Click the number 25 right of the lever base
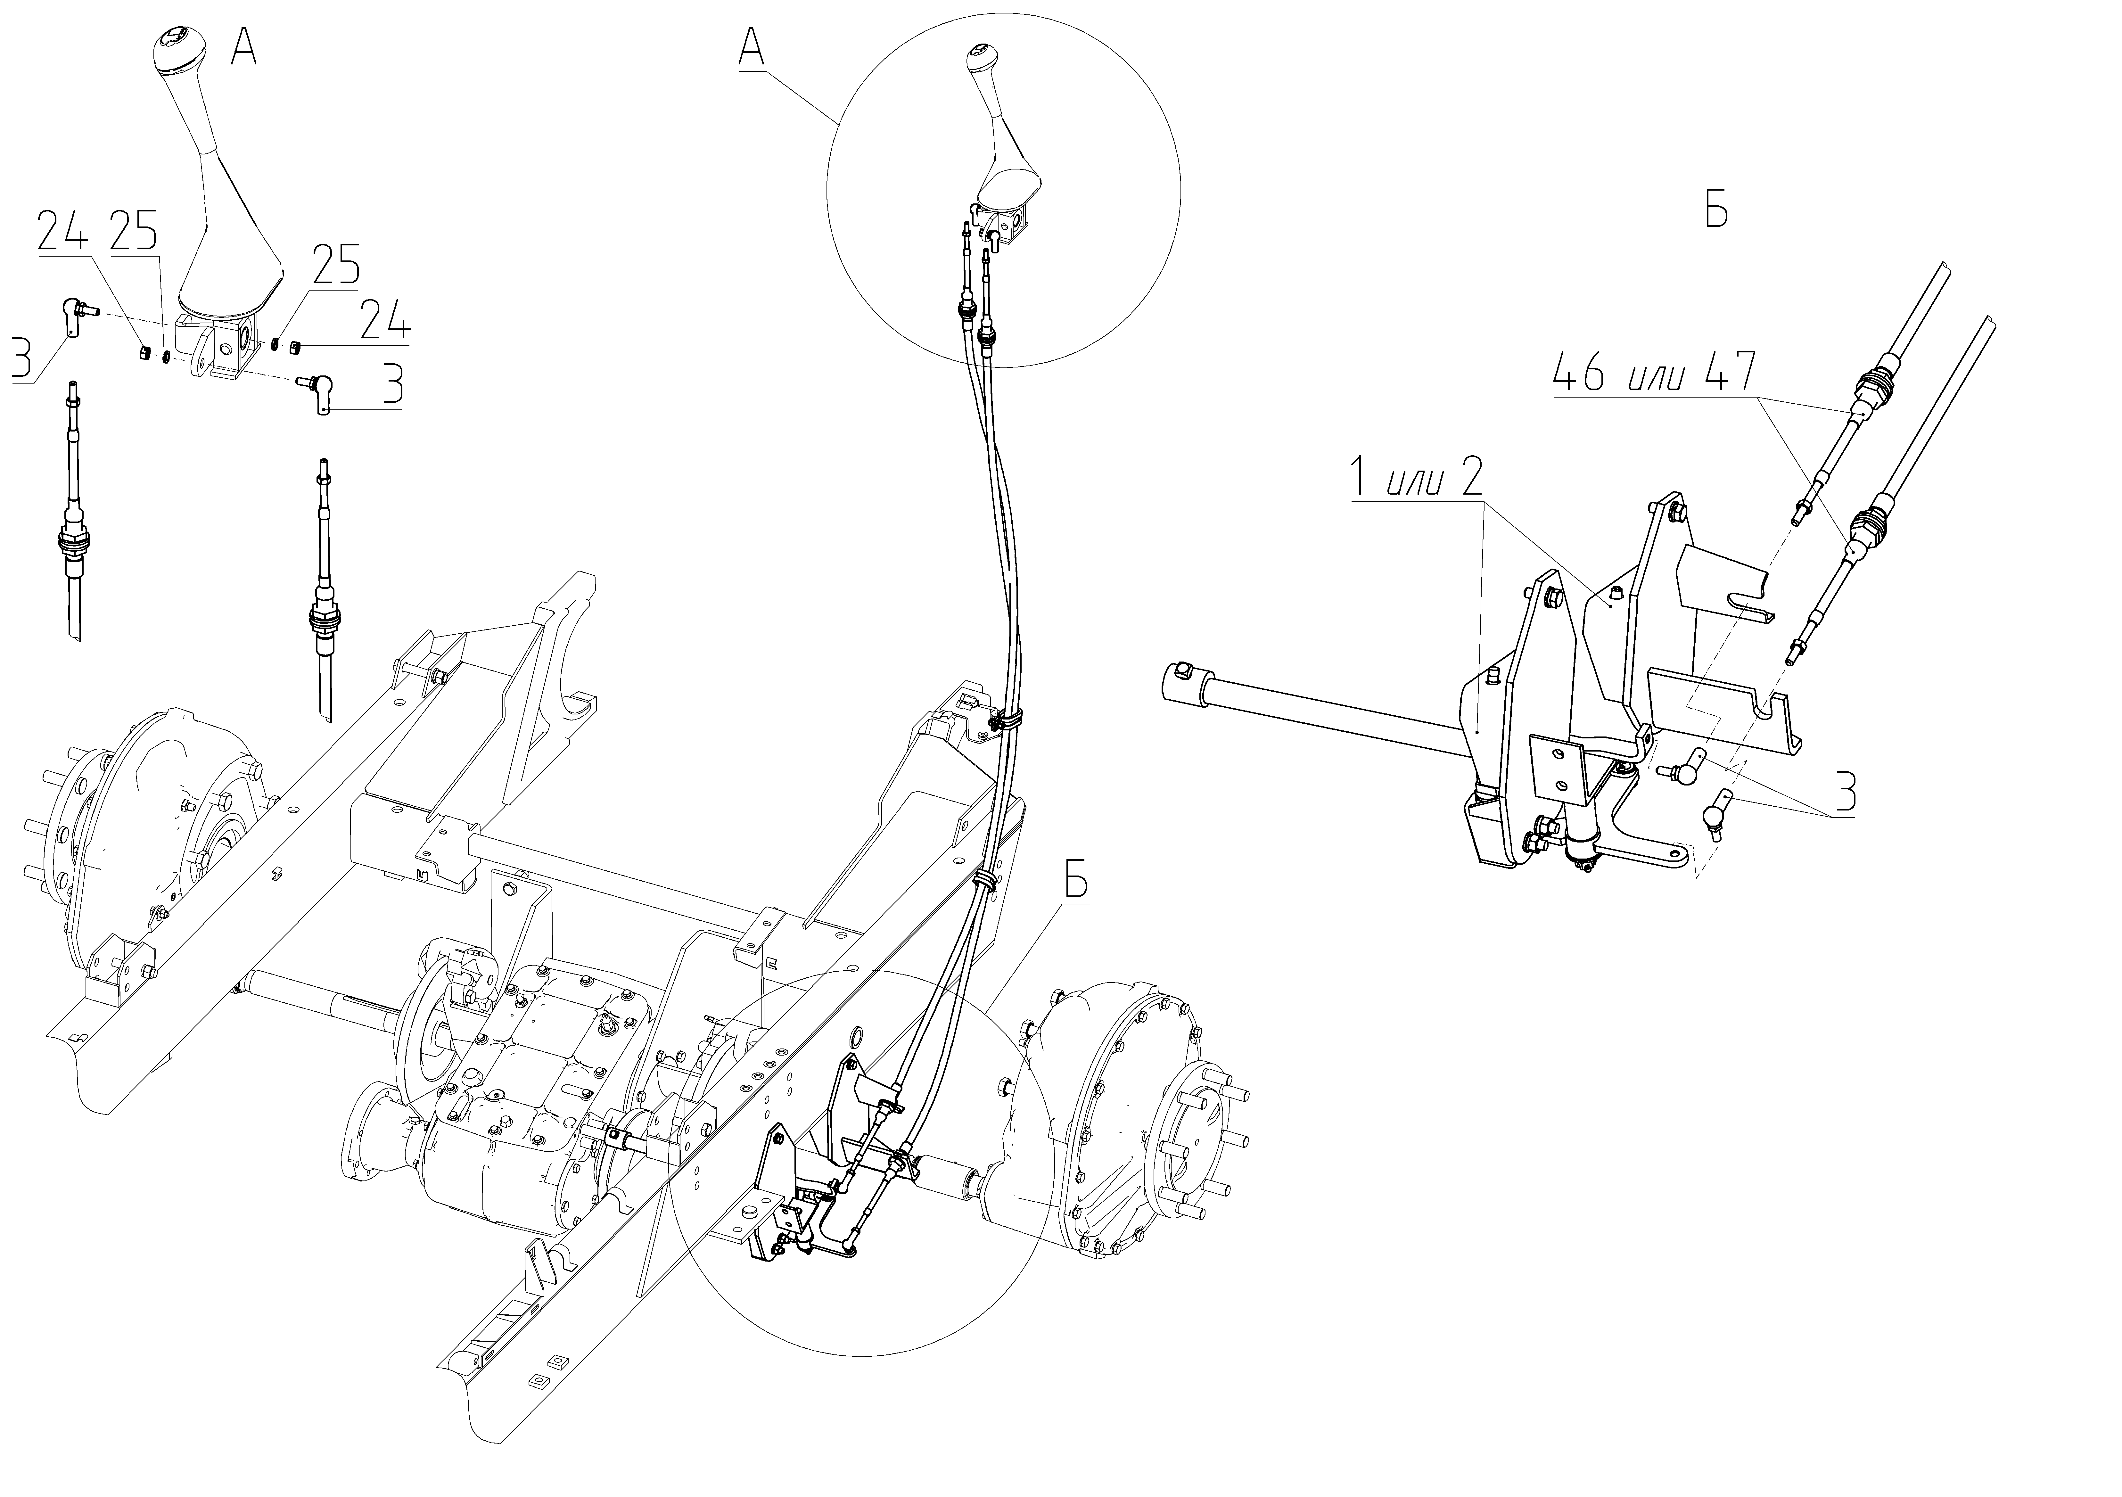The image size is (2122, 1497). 334,265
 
